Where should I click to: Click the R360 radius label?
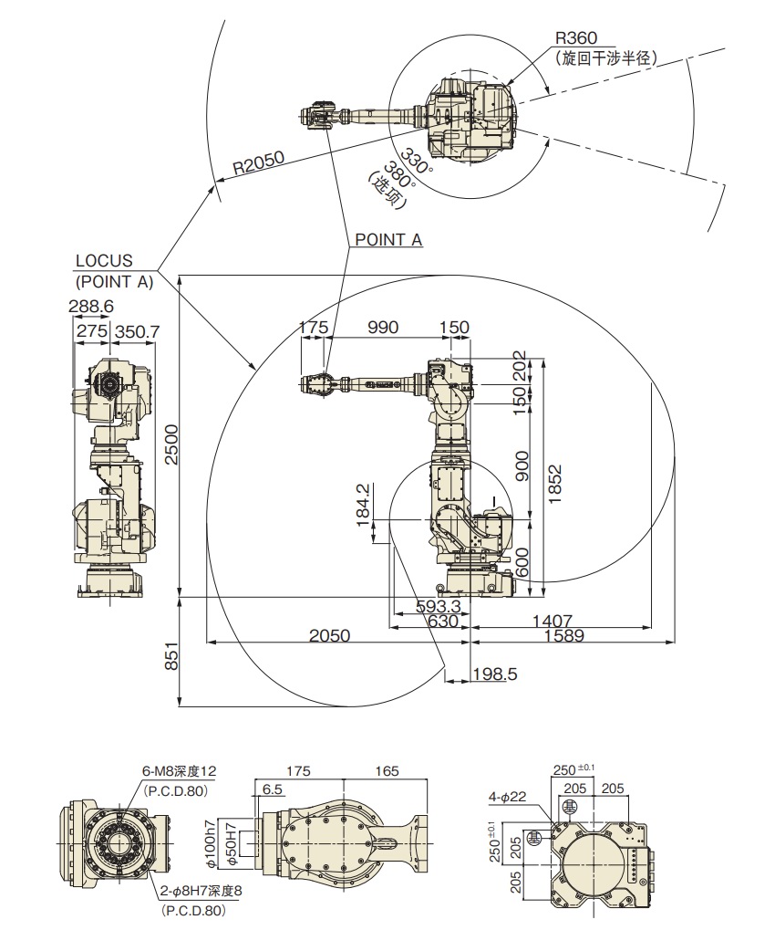tap(576, 37)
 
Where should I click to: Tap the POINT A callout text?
tap(388, 239)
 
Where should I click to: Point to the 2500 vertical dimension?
tap(172, 445)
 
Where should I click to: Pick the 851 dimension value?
tap(172, 660)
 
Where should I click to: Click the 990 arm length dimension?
tap(383, 328)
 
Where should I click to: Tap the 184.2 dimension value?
tap(363, 505)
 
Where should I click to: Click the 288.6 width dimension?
tap(91, 307)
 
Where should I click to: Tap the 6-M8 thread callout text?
tap(179, 771)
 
